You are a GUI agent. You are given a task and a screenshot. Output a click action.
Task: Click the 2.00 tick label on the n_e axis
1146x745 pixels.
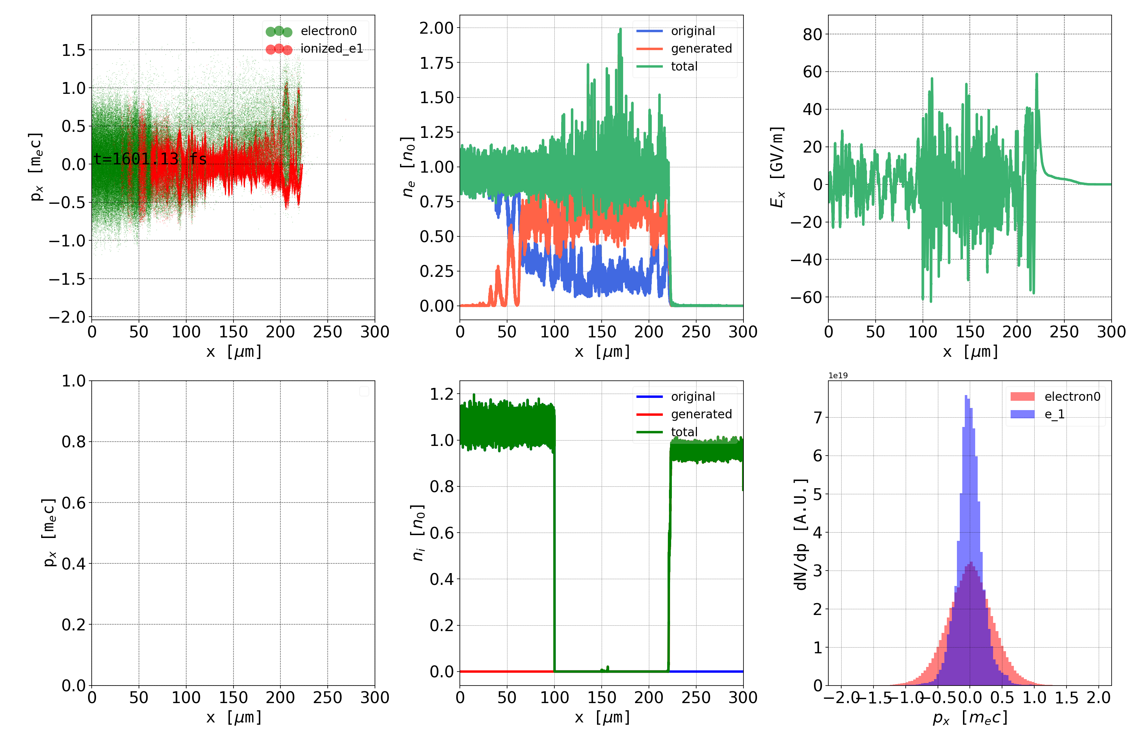click(x=436, y=28)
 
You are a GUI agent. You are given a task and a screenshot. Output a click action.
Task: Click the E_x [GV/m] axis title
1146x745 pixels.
click(x=777, y=167)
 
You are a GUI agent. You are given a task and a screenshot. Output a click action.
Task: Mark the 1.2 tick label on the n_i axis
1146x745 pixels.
click(x=442, y=394)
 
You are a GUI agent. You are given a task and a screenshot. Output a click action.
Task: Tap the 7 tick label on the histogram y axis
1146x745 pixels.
click(x=818, y=418)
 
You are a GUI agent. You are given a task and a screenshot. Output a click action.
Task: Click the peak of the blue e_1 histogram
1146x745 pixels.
click(x=966, y=397)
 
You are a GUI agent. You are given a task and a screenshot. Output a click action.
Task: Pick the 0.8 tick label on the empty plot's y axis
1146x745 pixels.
click(x=74, y=442)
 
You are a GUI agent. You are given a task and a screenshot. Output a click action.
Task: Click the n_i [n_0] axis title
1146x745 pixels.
click(x=418, y=533)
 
